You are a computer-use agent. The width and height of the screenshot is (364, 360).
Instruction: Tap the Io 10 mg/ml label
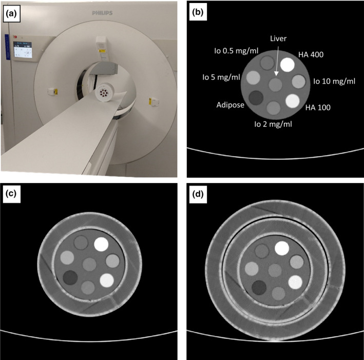click(x=334, y=82)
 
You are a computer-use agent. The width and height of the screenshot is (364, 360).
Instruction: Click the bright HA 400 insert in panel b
click(x=286, y=65)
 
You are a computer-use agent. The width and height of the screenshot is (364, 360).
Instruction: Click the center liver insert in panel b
click(x=276, y=83)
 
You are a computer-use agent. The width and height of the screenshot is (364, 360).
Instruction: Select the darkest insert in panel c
click(x=70, y=277)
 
